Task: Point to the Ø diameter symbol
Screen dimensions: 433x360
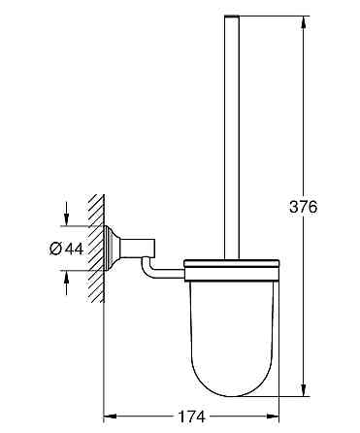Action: (x=55, y=250)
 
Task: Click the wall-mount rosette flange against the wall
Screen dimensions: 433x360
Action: (x=111, y=249)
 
